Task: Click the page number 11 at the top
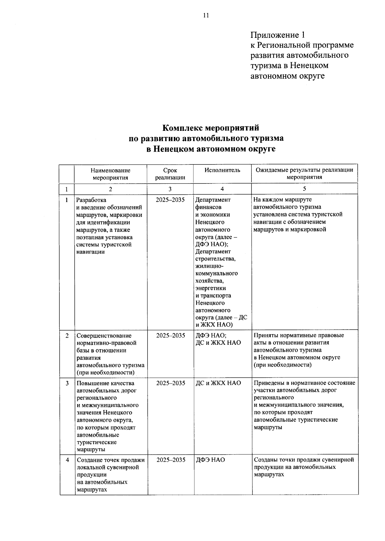(206, 15)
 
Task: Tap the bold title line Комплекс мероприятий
(210, 128)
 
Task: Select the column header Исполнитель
(222, 170)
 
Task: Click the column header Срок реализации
(170, 174)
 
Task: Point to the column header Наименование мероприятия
(110, 174)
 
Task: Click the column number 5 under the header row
(304, 189)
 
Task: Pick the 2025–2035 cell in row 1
(170, 200)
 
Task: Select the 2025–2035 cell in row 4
(171, 460)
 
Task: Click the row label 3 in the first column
(67, 383)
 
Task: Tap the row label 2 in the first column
(67, 335)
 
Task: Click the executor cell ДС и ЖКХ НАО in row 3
(218, 383)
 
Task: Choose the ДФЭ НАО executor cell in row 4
(210, 460)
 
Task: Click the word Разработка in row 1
(91, 200)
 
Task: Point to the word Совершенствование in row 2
(104, 336)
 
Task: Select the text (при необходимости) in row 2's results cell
(282, 365)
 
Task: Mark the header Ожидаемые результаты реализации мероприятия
(304, 174)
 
